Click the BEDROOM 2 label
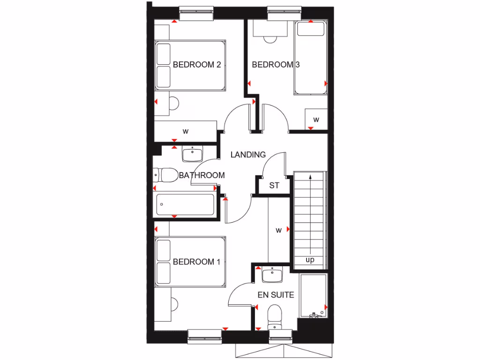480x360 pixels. [196, 65]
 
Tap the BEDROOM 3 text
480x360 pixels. [276, 65]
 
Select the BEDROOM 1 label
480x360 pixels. [196, 262]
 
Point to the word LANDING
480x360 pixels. [248, 154]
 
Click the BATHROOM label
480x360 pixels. [202, 175]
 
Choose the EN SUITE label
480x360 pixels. [276, 295]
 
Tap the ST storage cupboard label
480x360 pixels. [274, 186]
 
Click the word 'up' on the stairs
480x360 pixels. [310, 260]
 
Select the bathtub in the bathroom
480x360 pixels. [185, 205]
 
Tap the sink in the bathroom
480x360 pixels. [191, 154]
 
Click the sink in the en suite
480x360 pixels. [272, 275]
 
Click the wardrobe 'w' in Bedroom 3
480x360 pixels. [316, 120]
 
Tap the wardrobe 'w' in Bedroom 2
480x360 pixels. [186, 131]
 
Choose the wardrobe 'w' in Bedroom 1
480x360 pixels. [278, 230]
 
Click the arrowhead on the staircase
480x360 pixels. [310, 177]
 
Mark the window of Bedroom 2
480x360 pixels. [196, 14]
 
